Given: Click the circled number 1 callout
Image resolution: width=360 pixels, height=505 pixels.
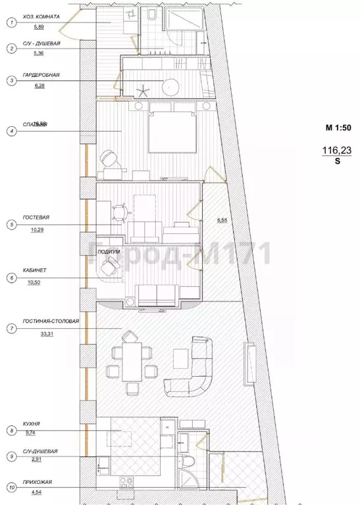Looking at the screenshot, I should [11, 22].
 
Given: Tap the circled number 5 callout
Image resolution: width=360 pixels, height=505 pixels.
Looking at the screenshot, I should [11, 225].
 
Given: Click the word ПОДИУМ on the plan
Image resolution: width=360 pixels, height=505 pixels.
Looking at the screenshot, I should [108, 252].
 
